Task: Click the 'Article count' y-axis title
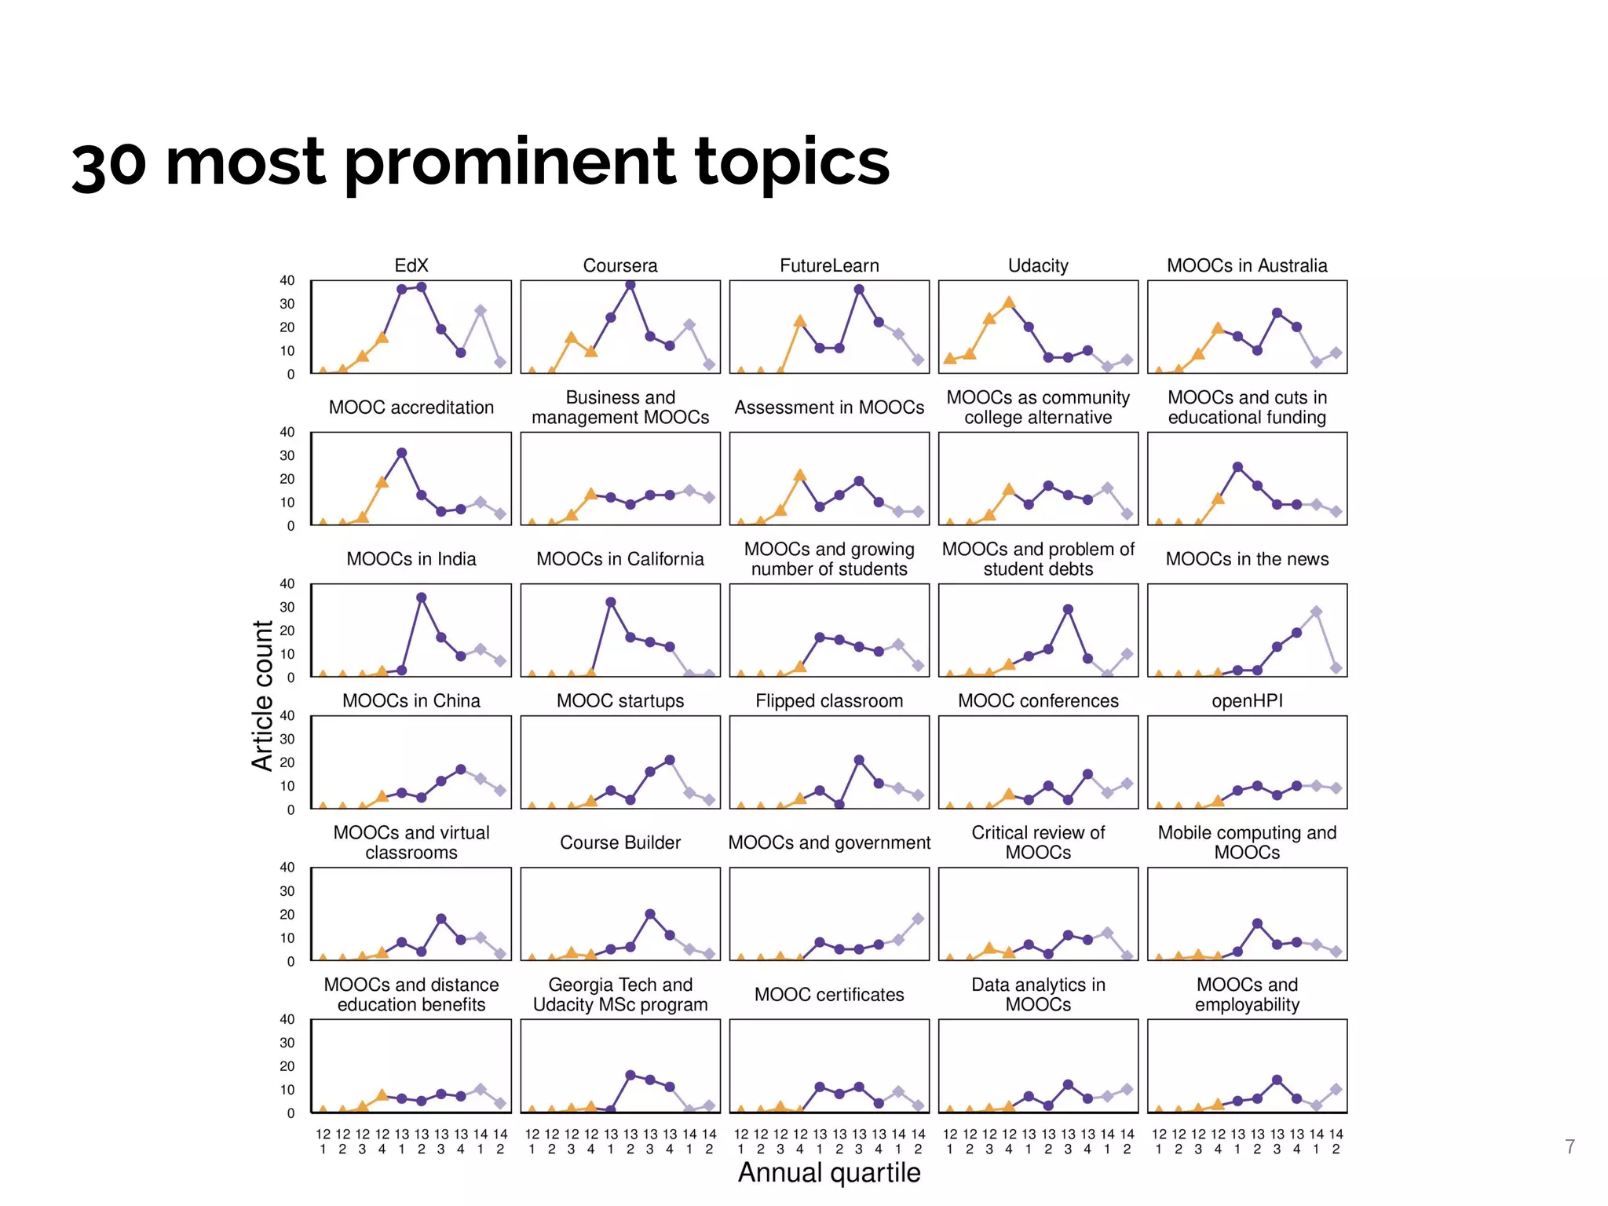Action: click(262, 695)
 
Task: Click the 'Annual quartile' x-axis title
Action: click(828, 1172)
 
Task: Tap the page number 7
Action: click(1570, 1147)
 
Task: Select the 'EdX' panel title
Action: click(411, 265)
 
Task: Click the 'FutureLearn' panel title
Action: click(829, 265)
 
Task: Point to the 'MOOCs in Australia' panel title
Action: click(1247, 265)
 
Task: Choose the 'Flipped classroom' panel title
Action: click(829, 700)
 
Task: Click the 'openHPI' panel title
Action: click(1247, 700)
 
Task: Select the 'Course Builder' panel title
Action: click(620, 842)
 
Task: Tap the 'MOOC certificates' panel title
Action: click(829, 995)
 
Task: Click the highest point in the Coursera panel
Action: click(630, 285)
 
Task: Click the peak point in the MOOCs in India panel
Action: click(422, 598)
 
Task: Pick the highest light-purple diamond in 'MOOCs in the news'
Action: click(1317, 612)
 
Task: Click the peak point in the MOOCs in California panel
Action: click(611, 602)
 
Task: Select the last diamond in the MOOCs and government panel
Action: click(918, 919)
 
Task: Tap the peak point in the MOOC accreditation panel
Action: click(402, 453)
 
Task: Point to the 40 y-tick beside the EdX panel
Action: click(287, 280)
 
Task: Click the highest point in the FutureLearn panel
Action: click(859, 290)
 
